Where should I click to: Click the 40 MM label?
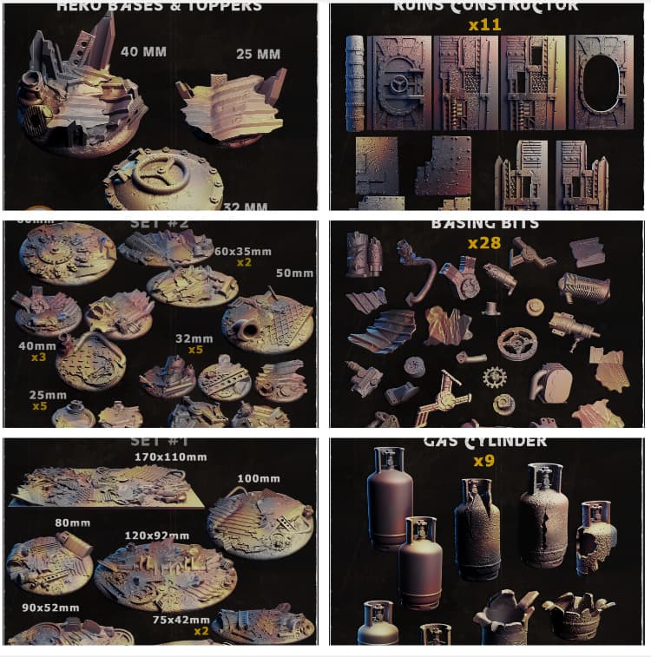pyautogui.click(x=144, y=51)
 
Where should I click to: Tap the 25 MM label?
pyautogui.click(x=258, y=55)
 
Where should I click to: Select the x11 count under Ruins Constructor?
pyautogui.click(x=484, y=25)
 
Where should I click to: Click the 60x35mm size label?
pyautogui.click(x=243, y=252)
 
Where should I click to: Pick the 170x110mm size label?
pyautogui.click(x=170, y=457)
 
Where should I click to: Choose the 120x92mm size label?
pyautogui.click(x=156, y=536)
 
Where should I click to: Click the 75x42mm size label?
pyautogui.click(x=181, y=620)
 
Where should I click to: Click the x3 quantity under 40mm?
pyautogui.click(x=38, y=357)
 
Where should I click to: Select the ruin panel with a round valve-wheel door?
pyautogui.click(x=398, y=83)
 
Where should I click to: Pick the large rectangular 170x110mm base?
pyautogui.click(x=104, y=486)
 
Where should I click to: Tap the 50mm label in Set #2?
pyautogui.click(x=294, y=273)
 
